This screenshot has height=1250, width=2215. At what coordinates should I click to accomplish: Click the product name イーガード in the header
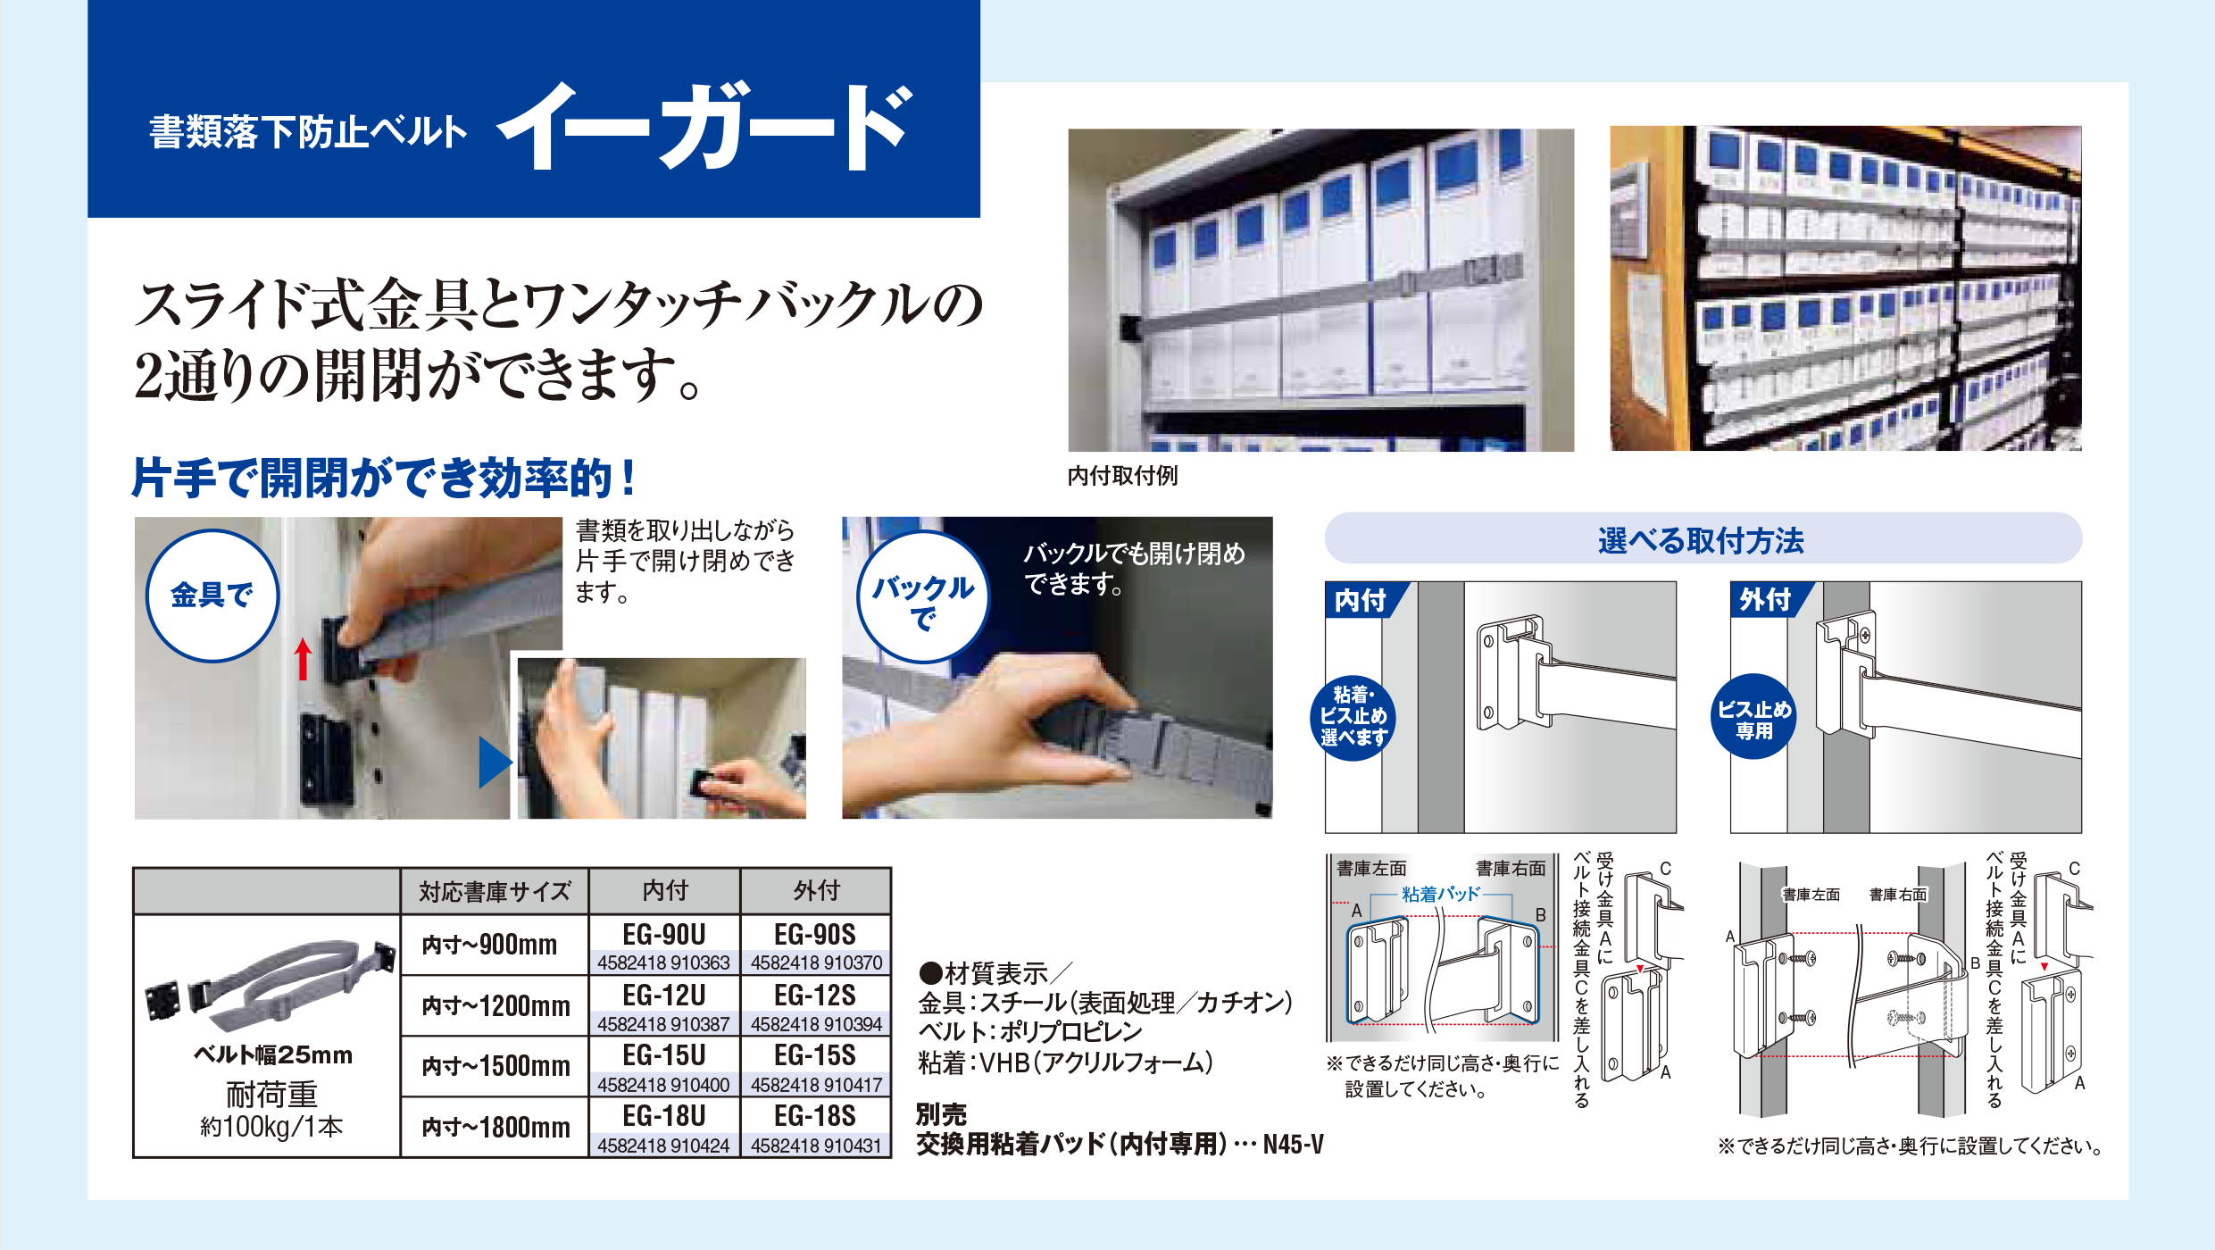pyautogui.click(x=705, y=127)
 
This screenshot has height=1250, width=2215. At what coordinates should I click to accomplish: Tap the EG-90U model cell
pyautogui.click(x=663, y=935)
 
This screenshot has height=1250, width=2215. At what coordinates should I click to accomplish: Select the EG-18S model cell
pyautogui.click(x=815, y=1116)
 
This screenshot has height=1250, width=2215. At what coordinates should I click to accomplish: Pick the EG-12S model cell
pyautogui.click(x=815, y=996)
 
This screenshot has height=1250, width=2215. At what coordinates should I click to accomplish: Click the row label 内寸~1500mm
pyautogui.click(x=495, y=1066)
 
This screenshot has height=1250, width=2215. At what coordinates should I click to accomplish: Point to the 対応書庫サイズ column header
pyautogui.click(x=495, y=891)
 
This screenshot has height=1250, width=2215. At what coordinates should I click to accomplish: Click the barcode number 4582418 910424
pyautogui.click(x=663, y=1146)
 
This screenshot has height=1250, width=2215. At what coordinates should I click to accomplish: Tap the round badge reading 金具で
pyautogui.click(x=212, y=596)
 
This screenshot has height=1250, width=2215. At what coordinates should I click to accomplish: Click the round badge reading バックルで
pyautogui.click(x=923, y=597)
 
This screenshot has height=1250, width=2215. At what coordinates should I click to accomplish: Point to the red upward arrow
pyautogui.click(x=304, y=659)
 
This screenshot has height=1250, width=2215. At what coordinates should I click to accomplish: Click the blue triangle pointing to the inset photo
pyautogui.click(x=494, y=762)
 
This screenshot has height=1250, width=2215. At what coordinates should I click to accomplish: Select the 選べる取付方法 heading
pyautogui.click(x=1701, y=540)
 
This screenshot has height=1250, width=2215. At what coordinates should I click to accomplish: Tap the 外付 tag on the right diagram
pyautogui.click(x=1765, y=599)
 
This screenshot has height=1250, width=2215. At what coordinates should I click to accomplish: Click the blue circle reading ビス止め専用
pyautogui.click(x=1754, y=719)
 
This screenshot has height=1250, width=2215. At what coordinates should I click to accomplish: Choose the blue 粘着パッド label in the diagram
pyautogui.click(x=1440, y=894)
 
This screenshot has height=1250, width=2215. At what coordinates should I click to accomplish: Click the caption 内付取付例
pyautogui.click(x=1122, y=476)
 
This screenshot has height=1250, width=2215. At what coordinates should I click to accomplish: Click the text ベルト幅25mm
pyautogui.click(x=273, y=1055)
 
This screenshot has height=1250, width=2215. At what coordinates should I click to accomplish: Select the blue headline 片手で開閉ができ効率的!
pyautogui.click(x=384, y=478)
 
